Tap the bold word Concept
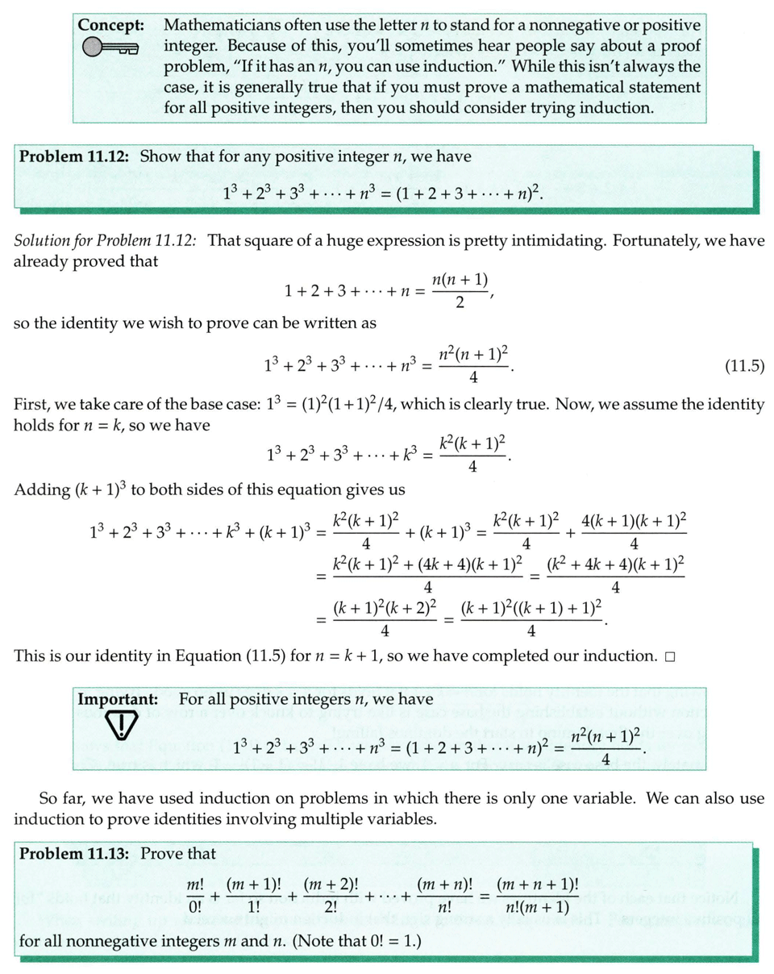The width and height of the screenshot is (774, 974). pyautogui.click(x=110, y=25)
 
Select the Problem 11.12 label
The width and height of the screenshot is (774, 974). pyautogui.click(x=76, y=156)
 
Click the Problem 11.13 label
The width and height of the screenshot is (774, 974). pyautogui.click(x=76, y=853)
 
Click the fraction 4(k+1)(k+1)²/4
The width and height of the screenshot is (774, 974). pyautogui.click(x=631, y=532)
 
